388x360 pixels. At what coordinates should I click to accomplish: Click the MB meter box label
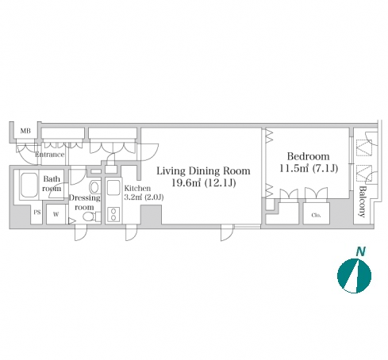(25, 131)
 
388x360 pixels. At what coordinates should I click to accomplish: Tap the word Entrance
(50, 155)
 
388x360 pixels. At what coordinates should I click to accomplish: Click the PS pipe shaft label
(37, 213)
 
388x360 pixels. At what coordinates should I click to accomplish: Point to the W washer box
(56, 214)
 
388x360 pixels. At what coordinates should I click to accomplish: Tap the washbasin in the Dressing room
(94, 187)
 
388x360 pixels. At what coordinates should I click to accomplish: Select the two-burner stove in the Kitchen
(113, 214)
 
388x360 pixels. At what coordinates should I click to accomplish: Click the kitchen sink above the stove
(113, 188)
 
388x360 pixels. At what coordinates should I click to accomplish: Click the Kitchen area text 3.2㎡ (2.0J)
(144, 197)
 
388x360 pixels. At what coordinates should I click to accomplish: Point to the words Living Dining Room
(203, 170)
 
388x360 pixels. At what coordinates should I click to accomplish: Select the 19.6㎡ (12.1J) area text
(204, 182)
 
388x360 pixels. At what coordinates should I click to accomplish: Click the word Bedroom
(309, 156)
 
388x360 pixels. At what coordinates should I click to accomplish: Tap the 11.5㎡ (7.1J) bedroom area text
(309, 168)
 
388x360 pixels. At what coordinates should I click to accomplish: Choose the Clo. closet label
(316, 215)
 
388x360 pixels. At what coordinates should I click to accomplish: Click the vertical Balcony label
(362, 201)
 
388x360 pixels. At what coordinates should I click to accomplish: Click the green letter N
(360, 251)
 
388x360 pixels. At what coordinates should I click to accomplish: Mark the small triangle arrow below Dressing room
(71, 220)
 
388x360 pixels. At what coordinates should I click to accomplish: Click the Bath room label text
(52, 184)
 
